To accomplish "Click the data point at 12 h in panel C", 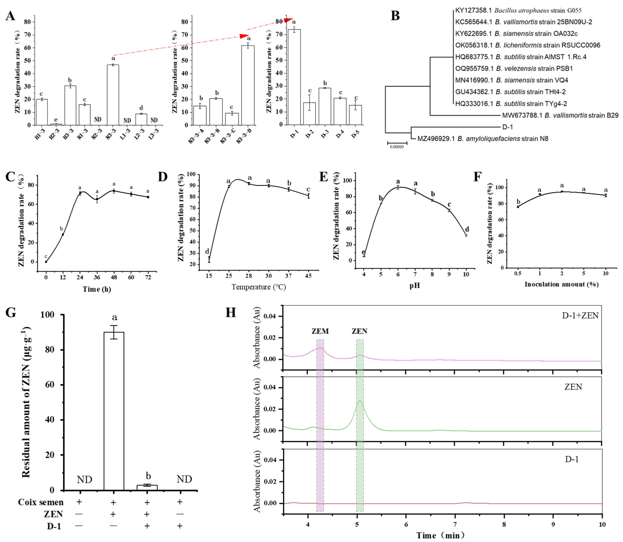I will pos(63,234).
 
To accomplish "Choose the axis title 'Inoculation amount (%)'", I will pos(561,284).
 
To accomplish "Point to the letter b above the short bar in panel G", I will pos(148,476).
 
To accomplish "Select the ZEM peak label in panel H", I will pos(320,331).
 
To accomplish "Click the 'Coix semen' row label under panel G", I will pos(40,502).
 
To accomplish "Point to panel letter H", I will pos(231,312).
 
